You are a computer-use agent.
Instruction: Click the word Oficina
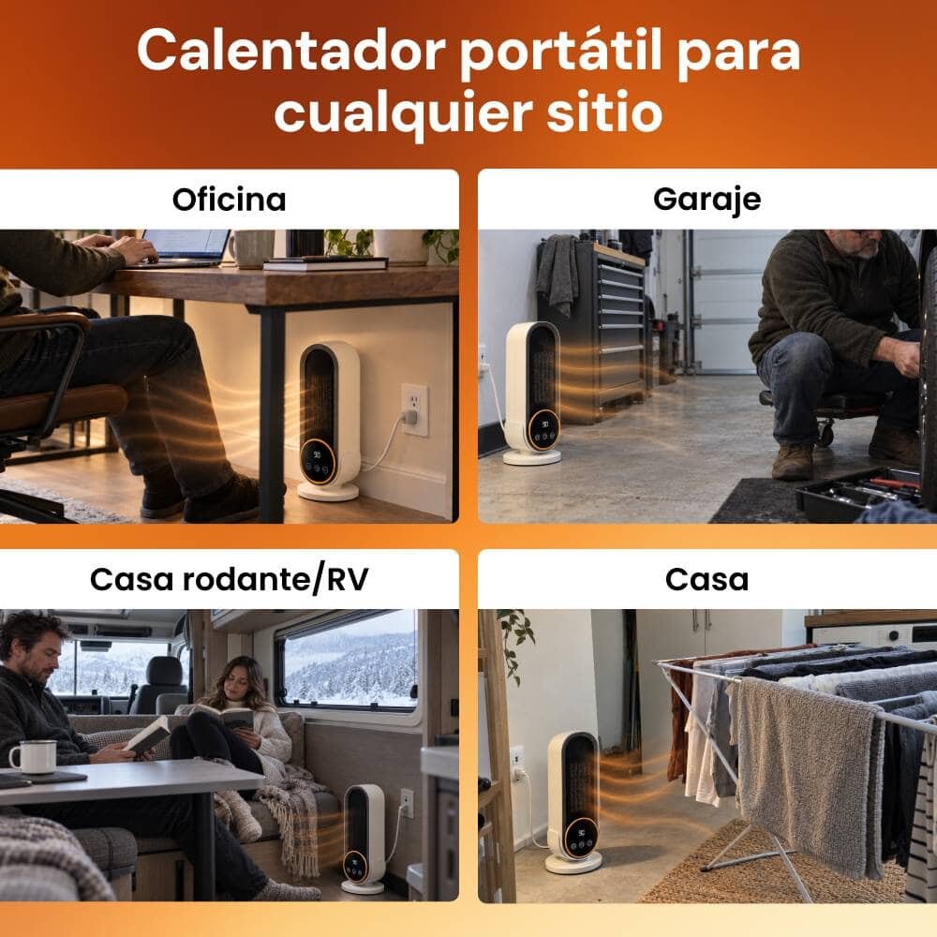pyautogui.click(x=229, y=200)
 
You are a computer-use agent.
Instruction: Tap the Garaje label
pyautogui.click(x=706, y=200)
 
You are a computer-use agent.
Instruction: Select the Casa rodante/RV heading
pyautogui.click(x=229, y=579)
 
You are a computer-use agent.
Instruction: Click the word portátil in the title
pyautogui.click(x=561, y=52)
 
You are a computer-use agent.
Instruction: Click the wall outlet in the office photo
pyautogui.click(x=414, y=410)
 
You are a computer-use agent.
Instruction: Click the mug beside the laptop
pyautogui.click(x=251, y=248)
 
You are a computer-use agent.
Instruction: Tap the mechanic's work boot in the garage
pyautogui.click(x=793, y=461)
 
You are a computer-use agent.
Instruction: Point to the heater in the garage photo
pyautogui.click(x=532, y=394)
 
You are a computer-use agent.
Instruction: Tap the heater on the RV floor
pyautogui.click(x=363, y=839)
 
